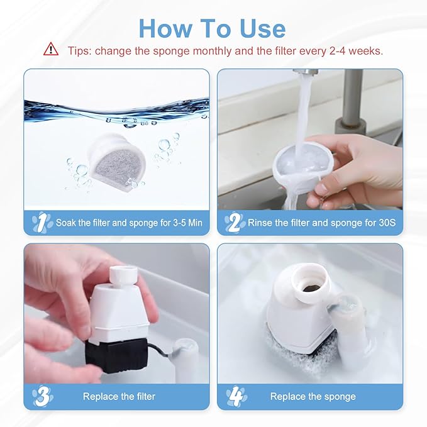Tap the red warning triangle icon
click(x=50, y=50)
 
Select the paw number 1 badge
click(x=42, y=222)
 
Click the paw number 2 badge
click(x=235, y=222)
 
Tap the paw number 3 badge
click(x=42, y=396)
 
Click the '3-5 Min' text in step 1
click(x=178, y=223)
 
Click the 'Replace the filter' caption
click(x=119, y=396)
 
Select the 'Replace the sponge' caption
click(x=313, y=396)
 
